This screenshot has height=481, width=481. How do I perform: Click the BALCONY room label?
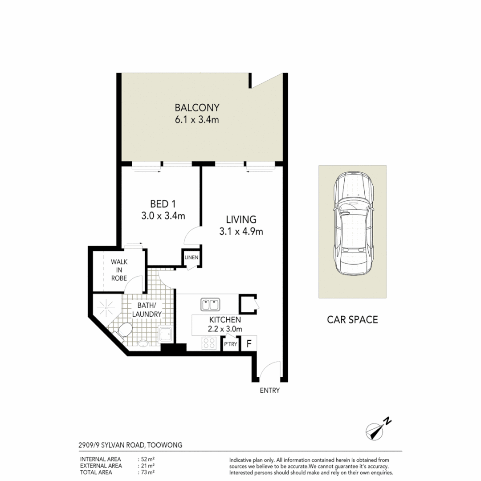coord(197,107)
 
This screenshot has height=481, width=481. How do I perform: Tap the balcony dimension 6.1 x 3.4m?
coord(197,120)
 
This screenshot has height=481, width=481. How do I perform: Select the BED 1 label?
coord(163,204)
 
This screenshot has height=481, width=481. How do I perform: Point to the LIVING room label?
coord(241,219)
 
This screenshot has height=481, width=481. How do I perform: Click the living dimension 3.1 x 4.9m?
coord(241,231)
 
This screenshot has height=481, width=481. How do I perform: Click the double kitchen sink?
coord(210,305)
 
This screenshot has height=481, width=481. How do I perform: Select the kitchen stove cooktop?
coord(210,343)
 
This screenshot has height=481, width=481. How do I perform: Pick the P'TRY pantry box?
coord(230,344)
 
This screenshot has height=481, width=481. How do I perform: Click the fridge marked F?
coord(249,343)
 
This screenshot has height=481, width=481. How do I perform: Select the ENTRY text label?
coord(270,391)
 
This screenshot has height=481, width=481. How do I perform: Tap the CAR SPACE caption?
coord(352,319)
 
